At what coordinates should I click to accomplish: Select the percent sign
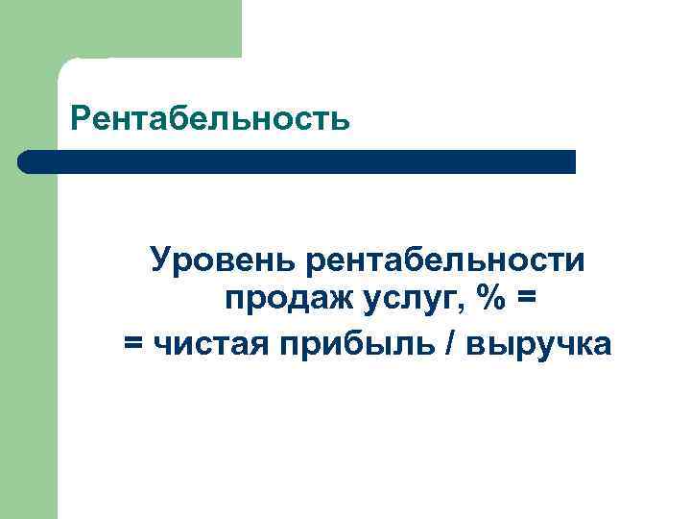coord(492,301)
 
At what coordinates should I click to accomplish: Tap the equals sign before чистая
coord(132,343)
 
